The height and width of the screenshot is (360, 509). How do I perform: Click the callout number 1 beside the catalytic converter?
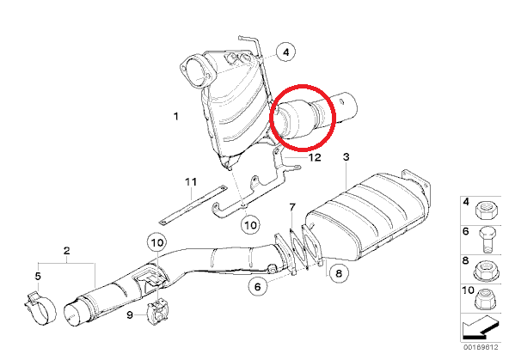pos(176,116)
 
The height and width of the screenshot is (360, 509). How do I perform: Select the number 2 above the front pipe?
pos(66,251)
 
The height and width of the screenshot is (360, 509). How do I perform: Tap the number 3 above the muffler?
pos(346,157)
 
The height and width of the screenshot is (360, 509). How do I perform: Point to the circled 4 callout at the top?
pos(285,52)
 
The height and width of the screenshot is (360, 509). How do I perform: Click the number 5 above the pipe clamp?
pos(38,277)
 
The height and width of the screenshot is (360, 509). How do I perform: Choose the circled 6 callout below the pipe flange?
pos(257,286)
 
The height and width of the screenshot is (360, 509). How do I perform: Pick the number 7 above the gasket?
pos(292,207)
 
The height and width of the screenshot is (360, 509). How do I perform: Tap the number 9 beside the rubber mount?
pos(130,314)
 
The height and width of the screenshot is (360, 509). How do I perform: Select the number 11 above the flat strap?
pos(191,182)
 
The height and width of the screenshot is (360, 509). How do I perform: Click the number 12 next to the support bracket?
pos(314,157)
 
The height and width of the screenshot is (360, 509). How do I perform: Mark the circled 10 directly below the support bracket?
pos(250,225)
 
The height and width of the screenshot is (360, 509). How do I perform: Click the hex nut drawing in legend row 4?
pos(485,211)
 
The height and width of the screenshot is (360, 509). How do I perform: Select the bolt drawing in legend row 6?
pos(488,241)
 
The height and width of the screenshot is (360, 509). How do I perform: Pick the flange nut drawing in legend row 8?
pos(485,270)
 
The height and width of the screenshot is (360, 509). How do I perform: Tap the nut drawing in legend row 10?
pos(485,299)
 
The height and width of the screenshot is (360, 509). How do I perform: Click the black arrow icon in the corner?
pos(480,328)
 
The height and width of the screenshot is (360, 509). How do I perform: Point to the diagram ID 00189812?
pos(481,347)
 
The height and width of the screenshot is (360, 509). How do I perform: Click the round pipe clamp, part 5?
pos(40,308)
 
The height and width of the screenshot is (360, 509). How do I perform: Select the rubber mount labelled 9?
pos(158,313)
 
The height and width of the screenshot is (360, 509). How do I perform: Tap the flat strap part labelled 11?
pos(193,205)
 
